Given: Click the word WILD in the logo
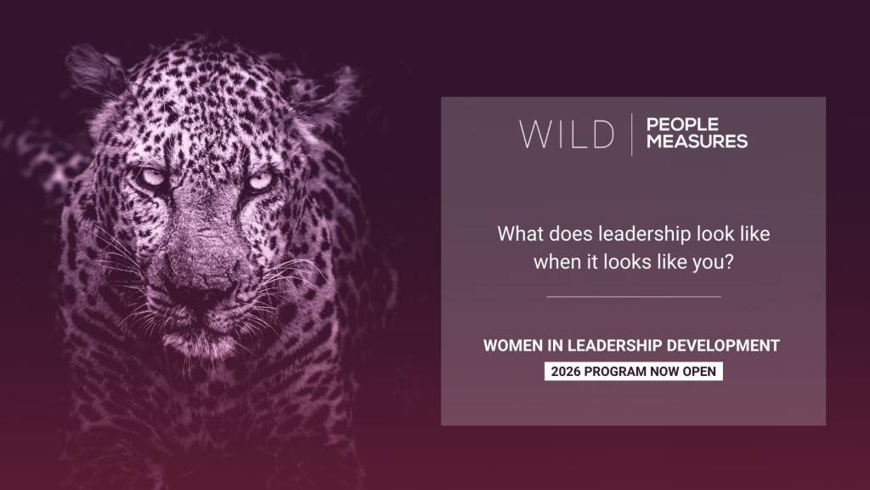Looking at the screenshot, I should (x=567, y=134).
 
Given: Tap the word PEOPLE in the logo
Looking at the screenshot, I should (x=682, y=125).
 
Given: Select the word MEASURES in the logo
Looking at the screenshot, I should (x=697, y=141).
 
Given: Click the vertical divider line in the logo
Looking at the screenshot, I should (x=631, y=134).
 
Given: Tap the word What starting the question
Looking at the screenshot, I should (x=519, y=233).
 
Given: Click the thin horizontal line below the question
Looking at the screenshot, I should (x=633, y=297).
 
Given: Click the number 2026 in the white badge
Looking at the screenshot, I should (x=566, y=372).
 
